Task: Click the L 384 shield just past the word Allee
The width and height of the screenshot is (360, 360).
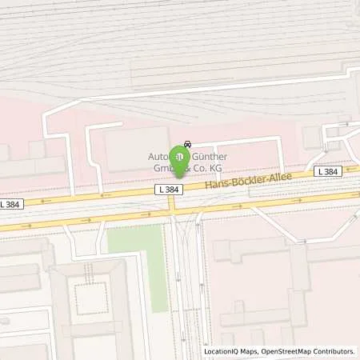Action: click(327, 171)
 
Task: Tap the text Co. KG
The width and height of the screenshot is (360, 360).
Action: click(206, 169)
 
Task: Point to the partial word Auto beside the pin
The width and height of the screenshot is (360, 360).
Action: click(158, 157)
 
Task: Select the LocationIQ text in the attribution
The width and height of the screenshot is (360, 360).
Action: click(223, 351)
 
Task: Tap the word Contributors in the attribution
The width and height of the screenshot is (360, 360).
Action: click(334, 351)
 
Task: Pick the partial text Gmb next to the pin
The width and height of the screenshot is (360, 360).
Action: click(158, 169)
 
